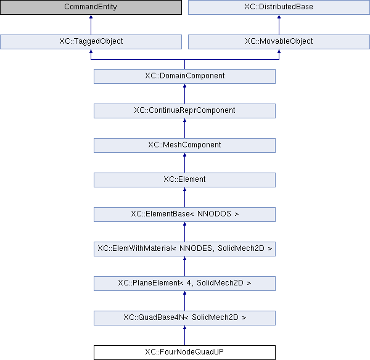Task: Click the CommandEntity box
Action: (91, 7)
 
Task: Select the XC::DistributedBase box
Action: (279, 7)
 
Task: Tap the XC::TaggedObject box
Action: (91, 42)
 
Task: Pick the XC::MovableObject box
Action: (279, 42)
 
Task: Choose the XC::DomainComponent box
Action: (184, 76)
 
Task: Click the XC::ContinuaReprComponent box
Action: (184, 110)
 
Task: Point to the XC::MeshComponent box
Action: (184, 145)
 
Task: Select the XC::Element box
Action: (184, 180)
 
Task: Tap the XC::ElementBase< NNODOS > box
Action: (184, 214)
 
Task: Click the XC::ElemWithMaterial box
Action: (184, 249)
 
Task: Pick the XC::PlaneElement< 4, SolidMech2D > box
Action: (184, 284)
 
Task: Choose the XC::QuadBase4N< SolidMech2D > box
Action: (184, 317)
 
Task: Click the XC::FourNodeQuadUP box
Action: (184, 353)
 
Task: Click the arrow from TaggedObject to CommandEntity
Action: (91, 25)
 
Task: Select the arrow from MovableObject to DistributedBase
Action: (279, 25)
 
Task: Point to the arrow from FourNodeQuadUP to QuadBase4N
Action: (184, 335)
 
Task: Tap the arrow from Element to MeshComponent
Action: (184, 163)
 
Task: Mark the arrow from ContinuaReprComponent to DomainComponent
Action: (184, 94)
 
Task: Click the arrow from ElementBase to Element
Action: (184, 197)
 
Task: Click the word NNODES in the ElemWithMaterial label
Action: (196, 248)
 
